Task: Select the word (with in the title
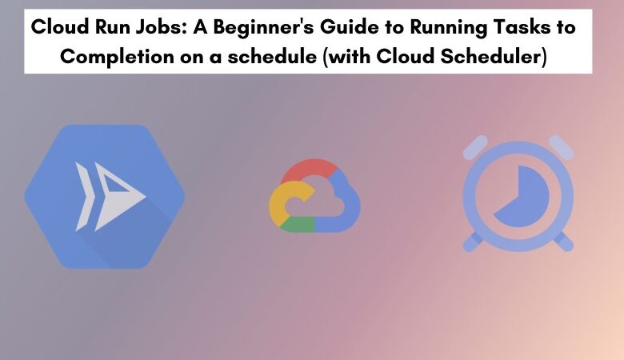pos(345,58)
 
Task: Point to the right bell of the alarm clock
pos(560,146)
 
